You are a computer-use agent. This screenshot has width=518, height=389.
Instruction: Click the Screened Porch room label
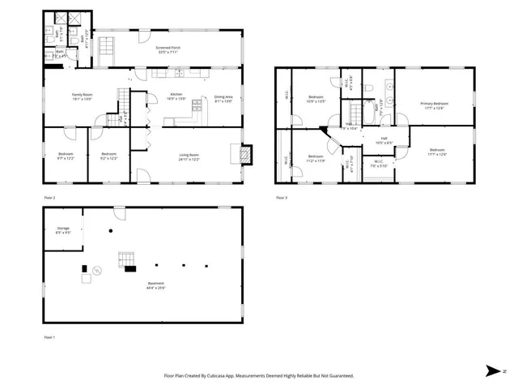point(168,48)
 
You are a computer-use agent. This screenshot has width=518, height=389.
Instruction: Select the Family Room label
point(83,95)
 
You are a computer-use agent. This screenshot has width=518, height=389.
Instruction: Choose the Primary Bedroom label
point(435,104)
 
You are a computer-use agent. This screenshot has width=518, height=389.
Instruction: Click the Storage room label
point(62,229)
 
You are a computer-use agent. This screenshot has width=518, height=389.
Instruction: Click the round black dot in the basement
point(110,233)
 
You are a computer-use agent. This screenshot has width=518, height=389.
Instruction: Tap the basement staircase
point(126,259)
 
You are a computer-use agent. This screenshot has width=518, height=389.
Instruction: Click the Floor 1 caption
point(50,336)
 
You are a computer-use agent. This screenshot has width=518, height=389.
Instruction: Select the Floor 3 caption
point(282,197)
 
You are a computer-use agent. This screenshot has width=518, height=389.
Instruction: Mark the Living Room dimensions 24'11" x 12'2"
point(189,159)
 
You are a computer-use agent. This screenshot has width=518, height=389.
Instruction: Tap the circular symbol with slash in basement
point(97,270)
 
